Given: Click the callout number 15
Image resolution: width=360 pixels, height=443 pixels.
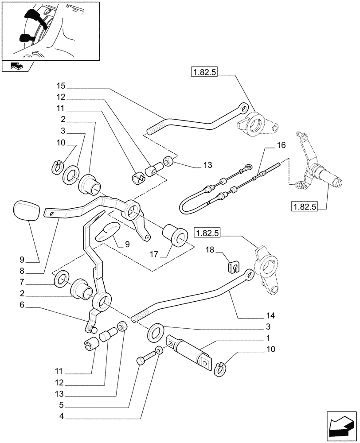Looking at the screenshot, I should click(x=60, y=85).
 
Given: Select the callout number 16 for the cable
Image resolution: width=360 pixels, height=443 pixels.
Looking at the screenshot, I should click(x=282, y=145).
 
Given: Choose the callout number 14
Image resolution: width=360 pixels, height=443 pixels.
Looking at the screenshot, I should click(x=271, y=316).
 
